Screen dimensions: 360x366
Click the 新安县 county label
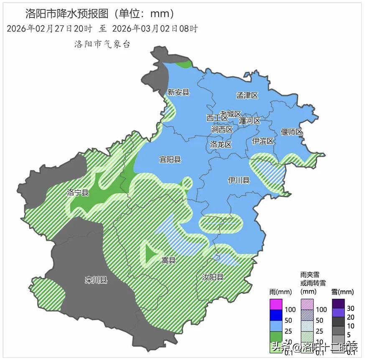(178, 92)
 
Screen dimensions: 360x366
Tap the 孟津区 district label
(247, 96)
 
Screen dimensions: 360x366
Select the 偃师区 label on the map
(291, 132)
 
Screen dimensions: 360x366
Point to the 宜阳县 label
(170, 159)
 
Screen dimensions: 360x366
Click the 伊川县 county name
(239, 181)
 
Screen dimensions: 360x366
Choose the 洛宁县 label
(78, 193)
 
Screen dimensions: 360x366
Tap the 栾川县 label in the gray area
(96, 280)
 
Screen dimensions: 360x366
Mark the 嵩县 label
(169, 260)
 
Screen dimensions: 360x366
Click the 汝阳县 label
(213, 277)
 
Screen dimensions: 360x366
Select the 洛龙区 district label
(221, 145)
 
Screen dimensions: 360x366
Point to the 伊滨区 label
(263, 141)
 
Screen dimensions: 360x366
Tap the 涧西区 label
(222, 130)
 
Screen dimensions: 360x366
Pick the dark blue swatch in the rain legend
(276, 315)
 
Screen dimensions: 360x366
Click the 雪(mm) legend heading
(342, 292)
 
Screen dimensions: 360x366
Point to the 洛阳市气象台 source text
(102, 44)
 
